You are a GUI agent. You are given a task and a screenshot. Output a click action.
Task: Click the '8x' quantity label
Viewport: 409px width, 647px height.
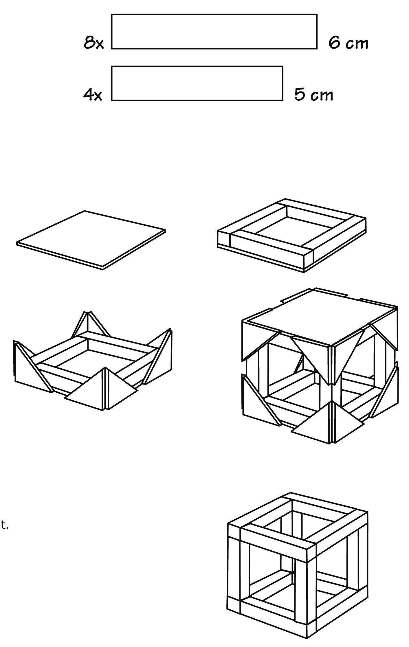pyautogui.click(x=93, y=43)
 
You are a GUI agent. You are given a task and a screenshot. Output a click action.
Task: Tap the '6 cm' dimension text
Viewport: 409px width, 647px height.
pyautogui.click(x=348, y=43)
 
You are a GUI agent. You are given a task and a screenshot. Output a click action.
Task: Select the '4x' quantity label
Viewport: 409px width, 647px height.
pyautogui.click(x=93, y=95)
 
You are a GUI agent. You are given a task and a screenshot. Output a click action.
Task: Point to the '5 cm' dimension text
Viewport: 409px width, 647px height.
pyautogui.click(x=314, y=95)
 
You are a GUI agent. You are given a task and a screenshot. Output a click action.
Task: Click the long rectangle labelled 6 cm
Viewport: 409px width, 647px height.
pyautogui.click(x=214, y=32)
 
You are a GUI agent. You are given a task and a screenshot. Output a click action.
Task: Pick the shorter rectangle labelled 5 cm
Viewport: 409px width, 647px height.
pyautogui.click(x=197, y=83)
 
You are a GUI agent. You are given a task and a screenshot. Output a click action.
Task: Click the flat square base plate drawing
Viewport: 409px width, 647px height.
pyautogui.click(x=91, y=240)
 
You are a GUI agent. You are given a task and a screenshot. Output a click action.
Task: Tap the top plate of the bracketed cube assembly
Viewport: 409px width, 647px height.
pyautogui.click(x=320, y=317)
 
